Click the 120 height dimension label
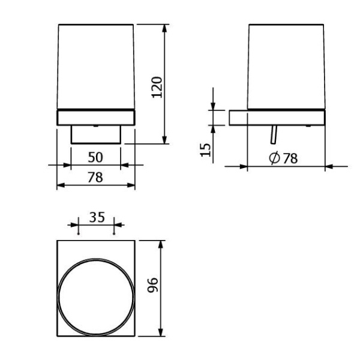pos(157,87)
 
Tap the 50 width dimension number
pos(95,157)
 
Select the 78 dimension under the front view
pos(95,178)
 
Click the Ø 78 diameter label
pos(283,158)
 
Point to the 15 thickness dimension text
pos(205,150)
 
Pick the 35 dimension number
pos(97,217)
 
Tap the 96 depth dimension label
pos(152,285)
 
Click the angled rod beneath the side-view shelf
pos(274,134)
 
